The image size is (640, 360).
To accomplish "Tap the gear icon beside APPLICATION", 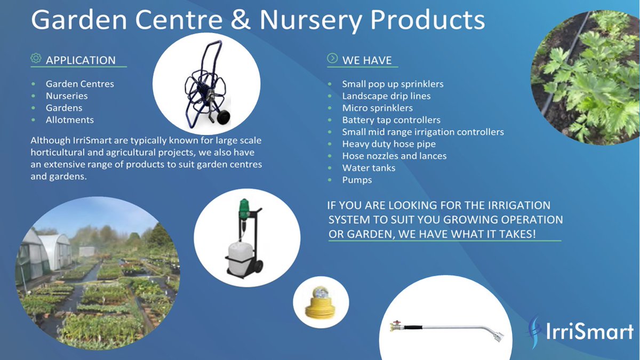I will coord(36,59).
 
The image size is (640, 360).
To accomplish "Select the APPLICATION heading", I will coord(81,60).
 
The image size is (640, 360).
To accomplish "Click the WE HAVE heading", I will coord(367,60).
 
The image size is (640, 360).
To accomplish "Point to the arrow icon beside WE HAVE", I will coord(332,59).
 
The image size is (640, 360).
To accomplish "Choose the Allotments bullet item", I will coord(69,120).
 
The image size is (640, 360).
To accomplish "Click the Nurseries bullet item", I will coord(67,96).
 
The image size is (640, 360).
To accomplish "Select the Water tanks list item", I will coord(369,168).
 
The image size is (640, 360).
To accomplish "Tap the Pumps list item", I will coord(357,180).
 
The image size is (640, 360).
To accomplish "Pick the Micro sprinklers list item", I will coord(378,108).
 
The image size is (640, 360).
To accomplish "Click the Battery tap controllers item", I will coord(391,120).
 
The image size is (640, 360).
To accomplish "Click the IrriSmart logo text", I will coord(589,331).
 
